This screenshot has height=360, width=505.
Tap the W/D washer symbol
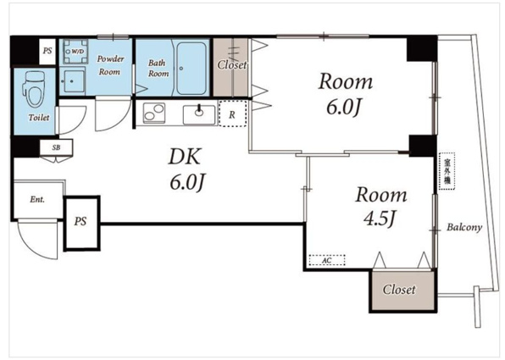[75, 51]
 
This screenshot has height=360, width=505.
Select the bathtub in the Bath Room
[191, 69]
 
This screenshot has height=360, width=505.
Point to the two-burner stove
[154, 113]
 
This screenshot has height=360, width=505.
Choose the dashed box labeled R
[232, 113]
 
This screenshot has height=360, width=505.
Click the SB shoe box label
[57, 147]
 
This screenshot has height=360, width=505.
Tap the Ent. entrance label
[37, 200]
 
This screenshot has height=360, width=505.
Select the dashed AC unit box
[327, 260]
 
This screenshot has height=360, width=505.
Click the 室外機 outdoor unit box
[447, 171]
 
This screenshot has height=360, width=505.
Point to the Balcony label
[464, 227]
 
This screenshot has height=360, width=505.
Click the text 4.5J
[379, 219]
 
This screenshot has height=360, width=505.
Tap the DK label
[185, 157]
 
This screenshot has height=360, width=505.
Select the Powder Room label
[110, 65]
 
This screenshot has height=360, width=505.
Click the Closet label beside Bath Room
[232, 64]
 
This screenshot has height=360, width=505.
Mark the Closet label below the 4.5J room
[399, 290]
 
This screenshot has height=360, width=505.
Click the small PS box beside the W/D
[47, 51]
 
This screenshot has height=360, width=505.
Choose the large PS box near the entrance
[80, 222]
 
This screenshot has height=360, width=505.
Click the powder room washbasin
[73, 81]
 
